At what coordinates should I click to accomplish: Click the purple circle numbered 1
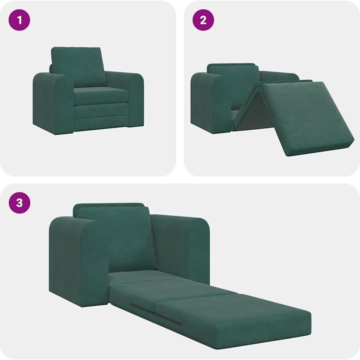click(x=19, y=20)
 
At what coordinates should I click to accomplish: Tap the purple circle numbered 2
click(x=203, y=20)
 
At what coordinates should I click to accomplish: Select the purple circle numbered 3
click(x=20, y=203)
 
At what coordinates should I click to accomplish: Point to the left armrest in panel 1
click(x=53, y=103)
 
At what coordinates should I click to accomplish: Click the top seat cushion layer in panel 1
click(x=101, y=95)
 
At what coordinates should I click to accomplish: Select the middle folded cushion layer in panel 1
click(x=101, y=111)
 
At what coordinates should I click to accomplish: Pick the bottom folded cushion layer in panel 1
click(x=101, y=124)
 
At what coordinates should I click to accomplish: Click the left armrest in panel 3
click(x=79, y=262)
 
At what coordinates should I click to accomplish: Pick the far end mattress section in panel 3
click(x=234, y=321)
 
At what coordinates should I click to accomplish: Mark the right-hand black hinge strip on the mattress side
click(x=169, y=319)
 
